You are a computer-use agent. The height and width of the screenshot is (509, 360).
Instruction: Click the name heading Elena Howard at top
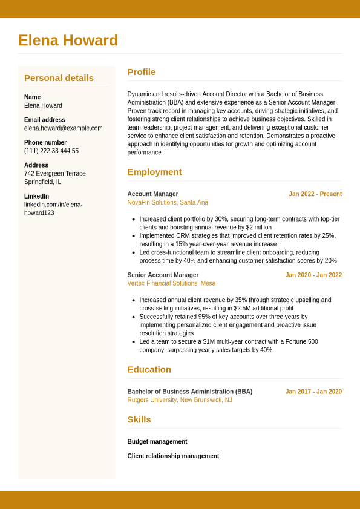pos(68,41)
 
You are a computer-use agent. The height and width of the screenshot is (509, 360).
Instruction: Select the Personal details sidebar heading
pos(59,78)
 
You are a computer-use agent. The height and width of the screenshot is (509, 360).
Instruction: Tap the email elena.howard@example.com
pos(63,128)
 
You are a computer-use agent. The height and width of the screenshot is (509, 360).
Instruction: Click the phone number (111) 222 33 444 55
pos(51,151)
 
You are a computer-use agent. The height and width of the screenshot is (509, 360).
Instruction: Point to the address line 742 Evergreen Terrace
pos(55,174)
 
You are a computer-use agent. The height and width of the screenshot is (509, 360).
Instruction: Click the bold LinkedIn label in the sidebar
pos(36,196)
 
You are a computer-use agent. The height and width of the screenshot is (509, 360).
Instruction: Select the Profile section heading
pos(141,72)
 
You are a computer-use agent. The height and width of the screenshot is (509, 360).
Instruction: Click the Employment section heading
pos(154,172)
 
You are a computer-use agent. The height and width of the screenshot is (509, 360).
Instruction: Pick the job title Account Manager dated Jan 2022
pos(152,194)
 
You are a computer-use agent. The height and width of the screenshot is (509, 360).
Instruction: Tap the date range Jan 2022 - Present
pos(315,194)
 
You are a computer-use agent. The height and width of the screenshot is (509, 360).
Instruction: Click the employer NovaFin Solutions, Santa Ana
pos(168,203)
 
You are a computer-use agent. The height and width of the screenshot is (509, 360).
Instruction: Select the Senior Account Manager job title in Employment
pos(163,275)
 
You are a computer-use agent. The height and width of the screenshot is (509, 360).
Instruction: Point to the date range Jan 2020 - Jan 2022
pos(313,275)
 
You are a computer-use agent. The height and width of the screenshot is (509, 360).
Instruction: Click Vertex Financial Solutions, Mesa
pos(171,283)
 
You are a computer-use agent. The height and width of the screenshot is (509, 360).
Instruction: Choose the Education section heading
pos(149,370)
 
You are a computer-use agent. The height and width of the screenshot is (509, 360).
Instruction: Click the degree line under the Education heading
pos(189,392)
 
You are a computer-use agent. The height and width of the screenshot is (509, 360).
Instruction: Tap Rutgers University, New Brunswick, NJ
pos(180,400)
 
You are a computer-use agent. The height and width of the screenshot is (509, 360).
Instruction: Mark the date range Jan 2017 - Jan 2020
pos(313,392)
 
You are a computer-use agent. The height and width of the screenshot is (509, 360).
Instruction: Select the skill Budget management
pos(157,442)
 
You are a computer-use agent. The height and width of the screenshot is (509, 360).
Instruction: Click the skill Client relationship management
pos(173,456)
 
